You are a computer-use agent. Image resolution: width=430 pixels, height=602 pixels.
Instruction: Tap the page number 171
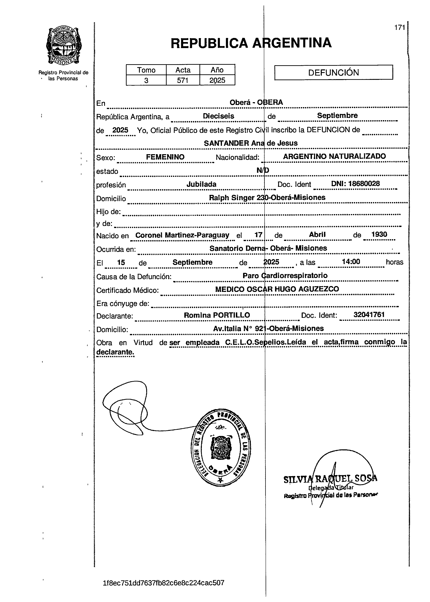tap(400, 27)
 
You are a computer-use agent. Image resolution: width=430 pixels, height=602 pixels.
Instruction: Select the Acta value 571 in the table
tap(182, 80)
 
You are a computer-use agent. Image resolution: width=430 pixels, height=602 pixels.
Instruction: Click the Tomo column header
tap(146, 70)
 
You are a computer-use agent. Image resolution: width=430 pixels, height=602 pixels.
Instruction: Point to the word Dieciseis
tap(219, 116)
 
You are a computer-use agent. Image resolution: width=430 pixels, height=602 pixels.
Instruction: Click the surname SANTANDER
tap(226, 143)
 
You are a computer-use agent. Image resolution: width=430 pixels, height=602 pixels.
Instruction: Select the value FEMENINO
tap(165, 157)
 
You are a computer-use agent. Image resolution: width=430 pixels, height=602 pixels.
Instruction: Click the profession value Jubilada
tap(201, 184)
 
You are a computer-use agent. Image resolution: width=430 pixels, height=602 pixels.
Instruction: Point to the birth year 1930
tap(379, 234)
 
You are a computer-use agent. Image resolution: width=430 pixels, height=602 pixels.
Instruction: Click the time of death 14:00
tap(351, 262)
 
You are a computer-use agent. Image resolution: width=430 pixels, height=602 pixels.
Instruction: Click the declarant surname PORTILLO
tap(231, 315)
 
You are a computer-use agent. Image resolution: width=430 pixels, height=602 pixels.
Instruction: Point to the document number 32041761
tap(369, 314)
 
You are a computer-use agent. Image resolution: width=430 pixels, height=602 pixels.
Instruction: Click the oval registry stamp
tap(221, 447)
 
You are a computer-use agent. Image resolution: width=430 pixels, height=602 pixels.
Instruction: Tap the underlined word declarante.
tap(115, 352)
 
